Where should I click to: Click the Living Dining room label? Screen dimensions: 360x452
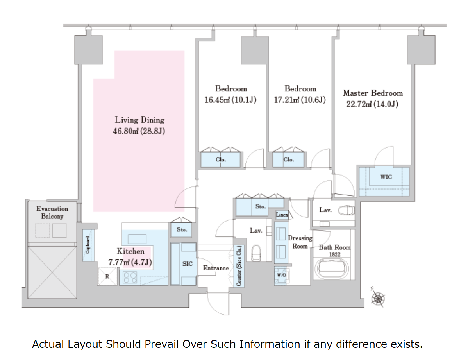coord(139,120)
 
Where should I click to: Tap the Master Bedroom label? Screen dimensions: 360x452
coord(373,93)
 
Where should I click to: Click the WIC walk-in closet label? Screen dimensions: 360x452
coord(386,177)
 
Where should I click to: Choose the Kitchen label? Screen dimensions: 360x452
coord(130,251)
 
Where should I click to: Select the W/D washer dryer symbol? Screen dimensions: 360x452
coord(281,275)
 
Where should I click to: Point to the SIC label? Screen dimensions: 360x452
coord(188,264)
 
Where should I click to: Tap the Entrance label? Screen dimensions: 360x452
coord(216,268)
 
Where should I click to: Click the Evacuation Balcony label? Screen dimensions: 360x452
coord(52,212)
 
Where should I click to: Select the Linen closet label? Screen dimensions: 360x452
coord(282,215)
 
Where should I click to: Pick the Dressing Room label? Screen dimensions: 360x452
coord(300,242)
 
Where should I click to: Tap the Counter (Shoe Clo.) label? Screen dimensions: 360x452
coord(239,266)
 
